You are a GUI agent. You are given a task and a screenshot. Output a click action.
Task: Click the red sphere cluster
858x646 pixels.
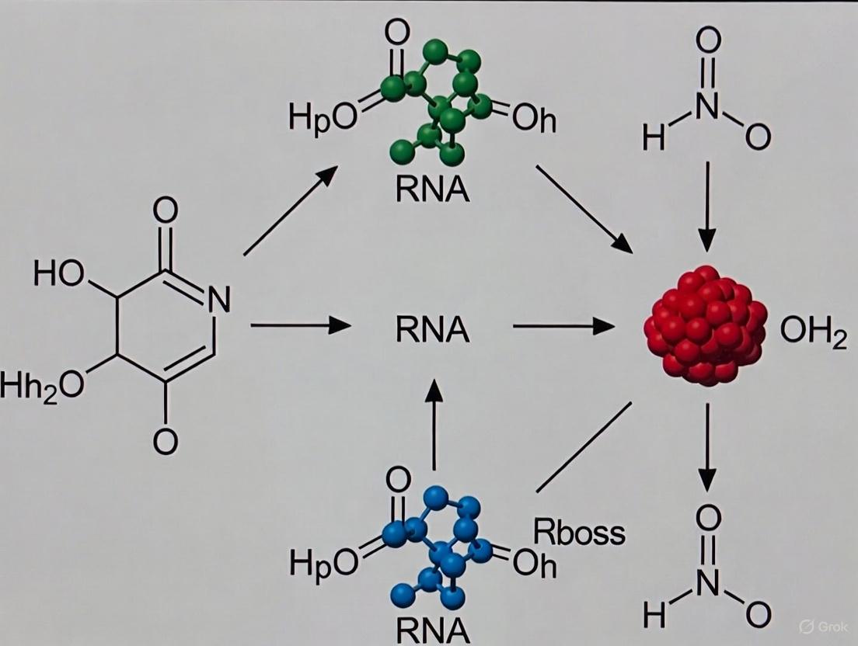click(705, 326)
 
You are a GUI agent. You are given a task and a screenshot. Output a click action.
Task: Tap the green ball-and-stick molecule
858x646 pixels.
click(439, 101)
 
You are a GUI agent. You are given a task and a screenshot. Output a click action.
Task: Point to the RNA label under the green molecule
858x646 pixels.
click(432, 189)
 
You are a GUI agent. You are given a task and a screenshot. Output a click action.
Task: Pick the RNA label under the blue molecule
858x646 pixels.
click(433, 629)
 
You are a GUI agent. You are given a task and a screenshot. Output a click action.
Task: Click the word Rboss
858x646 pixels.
click(579, 533)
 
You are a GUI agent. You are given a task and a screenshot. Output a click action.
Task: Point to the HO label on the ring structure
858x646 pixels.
click(59, 273)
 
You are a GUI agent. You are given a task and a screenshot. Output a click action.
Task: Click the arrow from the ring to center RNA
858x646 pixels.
click(300, 326)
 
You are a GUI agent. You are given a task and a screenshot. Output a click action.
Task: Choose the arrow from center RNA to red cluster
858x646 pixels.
click(563, 326)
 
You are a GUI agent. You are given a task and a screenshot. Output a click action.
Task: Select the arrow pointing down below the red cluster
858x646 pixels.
click(706, 447)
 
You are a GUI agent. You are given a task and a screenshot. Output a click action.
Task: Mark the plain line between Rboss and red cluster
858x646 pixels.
click(583, 447)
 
